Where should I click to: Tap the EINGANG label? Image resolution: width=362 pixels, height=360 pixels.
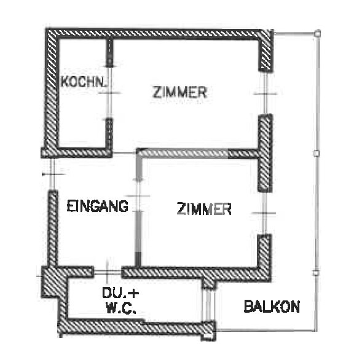[x=98, y=206]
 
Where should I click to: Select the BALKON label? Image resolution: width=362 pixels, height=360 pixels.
[x=272, y=307]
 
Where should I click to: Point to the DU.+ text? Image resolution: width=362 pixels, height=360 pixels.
[x=120, y=293]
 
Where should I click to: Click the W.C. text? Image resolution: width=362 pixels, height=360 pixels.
[x=121, y=308]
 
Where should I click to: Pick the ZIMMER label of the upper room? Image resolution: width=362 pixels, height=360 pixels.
[x=179, y=92]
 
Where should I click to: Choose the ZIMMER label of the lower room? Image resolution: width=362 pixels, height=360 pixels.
[x=204, y=209]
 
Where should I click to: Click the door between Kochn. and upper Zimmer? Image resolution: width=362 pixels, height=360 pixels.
[x=109, y=93]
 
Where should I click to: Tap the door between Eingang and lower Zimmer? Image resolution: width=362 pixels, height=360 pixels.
[x=138, y=196]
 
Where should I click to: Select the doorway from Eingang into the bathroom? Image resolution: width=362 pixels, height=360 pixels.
[x=108, y=273]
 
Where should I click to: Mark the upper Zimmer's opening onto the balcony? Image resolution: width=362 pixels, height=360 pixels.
[x=266, y=93]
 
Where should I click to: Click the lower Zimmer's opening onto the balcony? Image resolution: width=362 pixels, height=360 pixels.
[x=264, y=213]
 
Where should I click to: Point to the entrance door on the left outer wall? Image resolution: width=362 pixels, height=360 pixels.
[x=52, y=174]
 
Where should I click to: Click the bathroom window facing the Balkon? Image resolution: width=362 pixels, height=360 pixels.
[x=208, y=305]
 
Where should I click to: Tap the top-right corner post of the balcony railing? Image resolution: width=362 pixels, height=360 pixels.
[x=318, y=34]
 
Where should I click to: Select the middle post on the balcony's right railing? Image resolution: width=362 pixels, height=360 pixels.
[x=317, y=154]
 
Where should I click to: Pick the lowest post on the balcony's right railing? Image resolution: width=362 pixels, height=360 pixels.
[x=316, y=273]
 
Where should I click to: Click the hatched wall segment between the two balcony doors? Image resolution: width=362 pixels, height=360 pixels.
[x=265, y=153]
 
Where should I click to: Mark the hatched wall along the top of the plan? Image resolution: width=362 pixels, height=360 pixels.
[x=159, y=34]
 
